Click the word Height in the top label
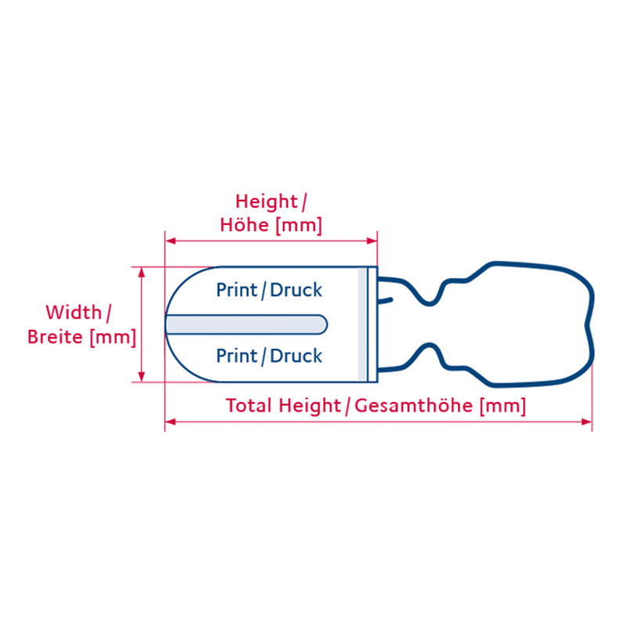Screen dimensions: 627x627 point(266,202)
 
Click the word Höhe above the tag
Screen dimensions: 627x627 point(245,225)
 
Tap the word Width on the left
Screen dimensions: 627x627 point(74,312)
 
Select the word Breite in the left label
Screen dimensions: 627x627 point(55,337)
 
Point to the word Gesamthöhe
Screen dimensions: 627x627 point(414,405)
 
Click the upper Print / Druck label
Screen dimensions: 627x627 point(269,290)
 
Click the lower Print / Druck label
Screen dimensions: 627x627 point(269,356)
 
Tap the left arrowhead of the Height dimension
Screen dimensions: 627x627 point(170,241)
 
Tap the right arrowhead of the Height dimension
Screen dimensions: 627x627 point(371,241)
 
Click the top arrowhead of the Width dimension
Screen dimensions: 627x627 point(141,273)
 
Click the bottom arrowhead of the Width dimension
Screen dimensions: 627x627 point(141,376)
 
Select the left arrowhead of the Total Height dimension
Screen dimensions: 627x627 point(170,422)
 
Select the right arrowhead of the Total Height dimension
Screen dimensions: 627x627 point(586,422)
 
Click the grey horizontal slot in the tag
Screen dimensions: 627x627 point(246,324)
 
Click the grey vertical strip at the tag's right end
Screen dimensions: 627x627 point(362,324)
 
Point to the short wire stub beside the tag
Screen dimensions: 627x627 point(386,300)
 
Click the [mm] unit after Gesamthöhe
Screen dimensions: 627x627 point(503,406)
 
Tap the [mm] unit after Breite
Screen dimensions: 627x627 point(113,338)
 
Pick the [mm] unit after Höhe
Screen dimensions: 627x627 point(299,226)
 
